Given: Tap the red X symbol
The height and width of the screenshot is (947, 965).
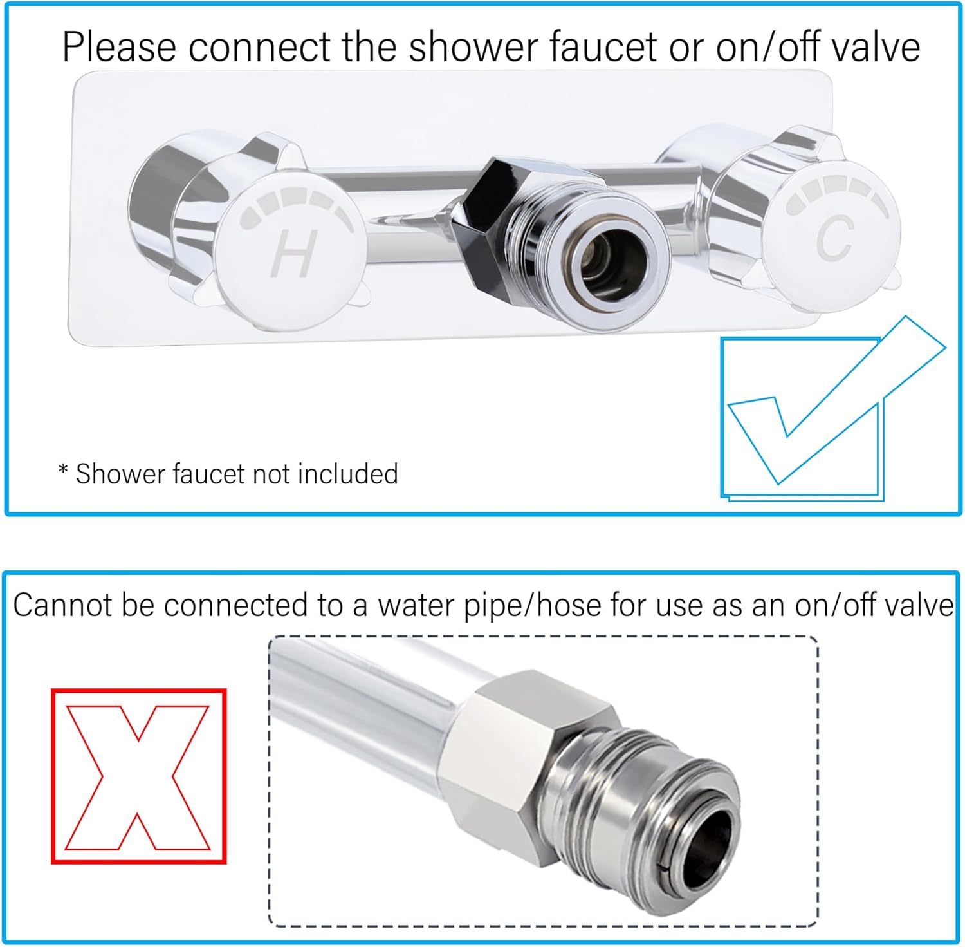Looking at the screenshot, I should [x=138, y=776].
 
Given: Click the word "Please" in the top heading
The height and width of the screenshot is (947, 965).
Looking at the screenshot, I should [x=119, y=48].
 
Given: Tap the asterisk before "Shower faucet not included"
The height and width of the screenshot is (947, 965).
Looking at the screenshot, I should [x=63, y=470].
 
